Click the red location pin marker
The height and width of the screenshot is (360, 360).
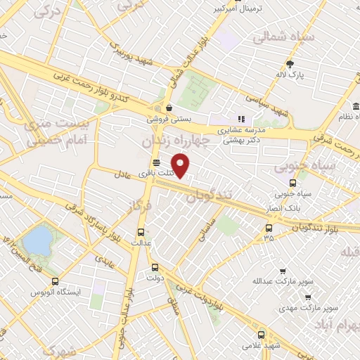click(x=181, y=166)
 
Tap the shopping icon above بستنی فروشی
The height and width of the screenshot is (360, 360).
click(x=169, y=108)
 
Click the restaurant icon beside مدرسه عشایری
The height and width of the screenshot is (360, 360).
click(x=240, y=119)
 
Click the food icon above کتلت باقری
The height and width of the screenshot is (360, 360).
click(x=155, y=162)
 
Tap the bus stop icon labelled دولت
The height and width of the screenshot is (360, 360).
click(x=155, y=267)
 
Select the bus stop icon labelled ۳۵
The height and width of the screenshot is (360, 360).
click(x=269, y=227)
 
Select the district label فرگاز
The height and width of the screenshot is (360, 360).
click(x=141, y=207)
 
